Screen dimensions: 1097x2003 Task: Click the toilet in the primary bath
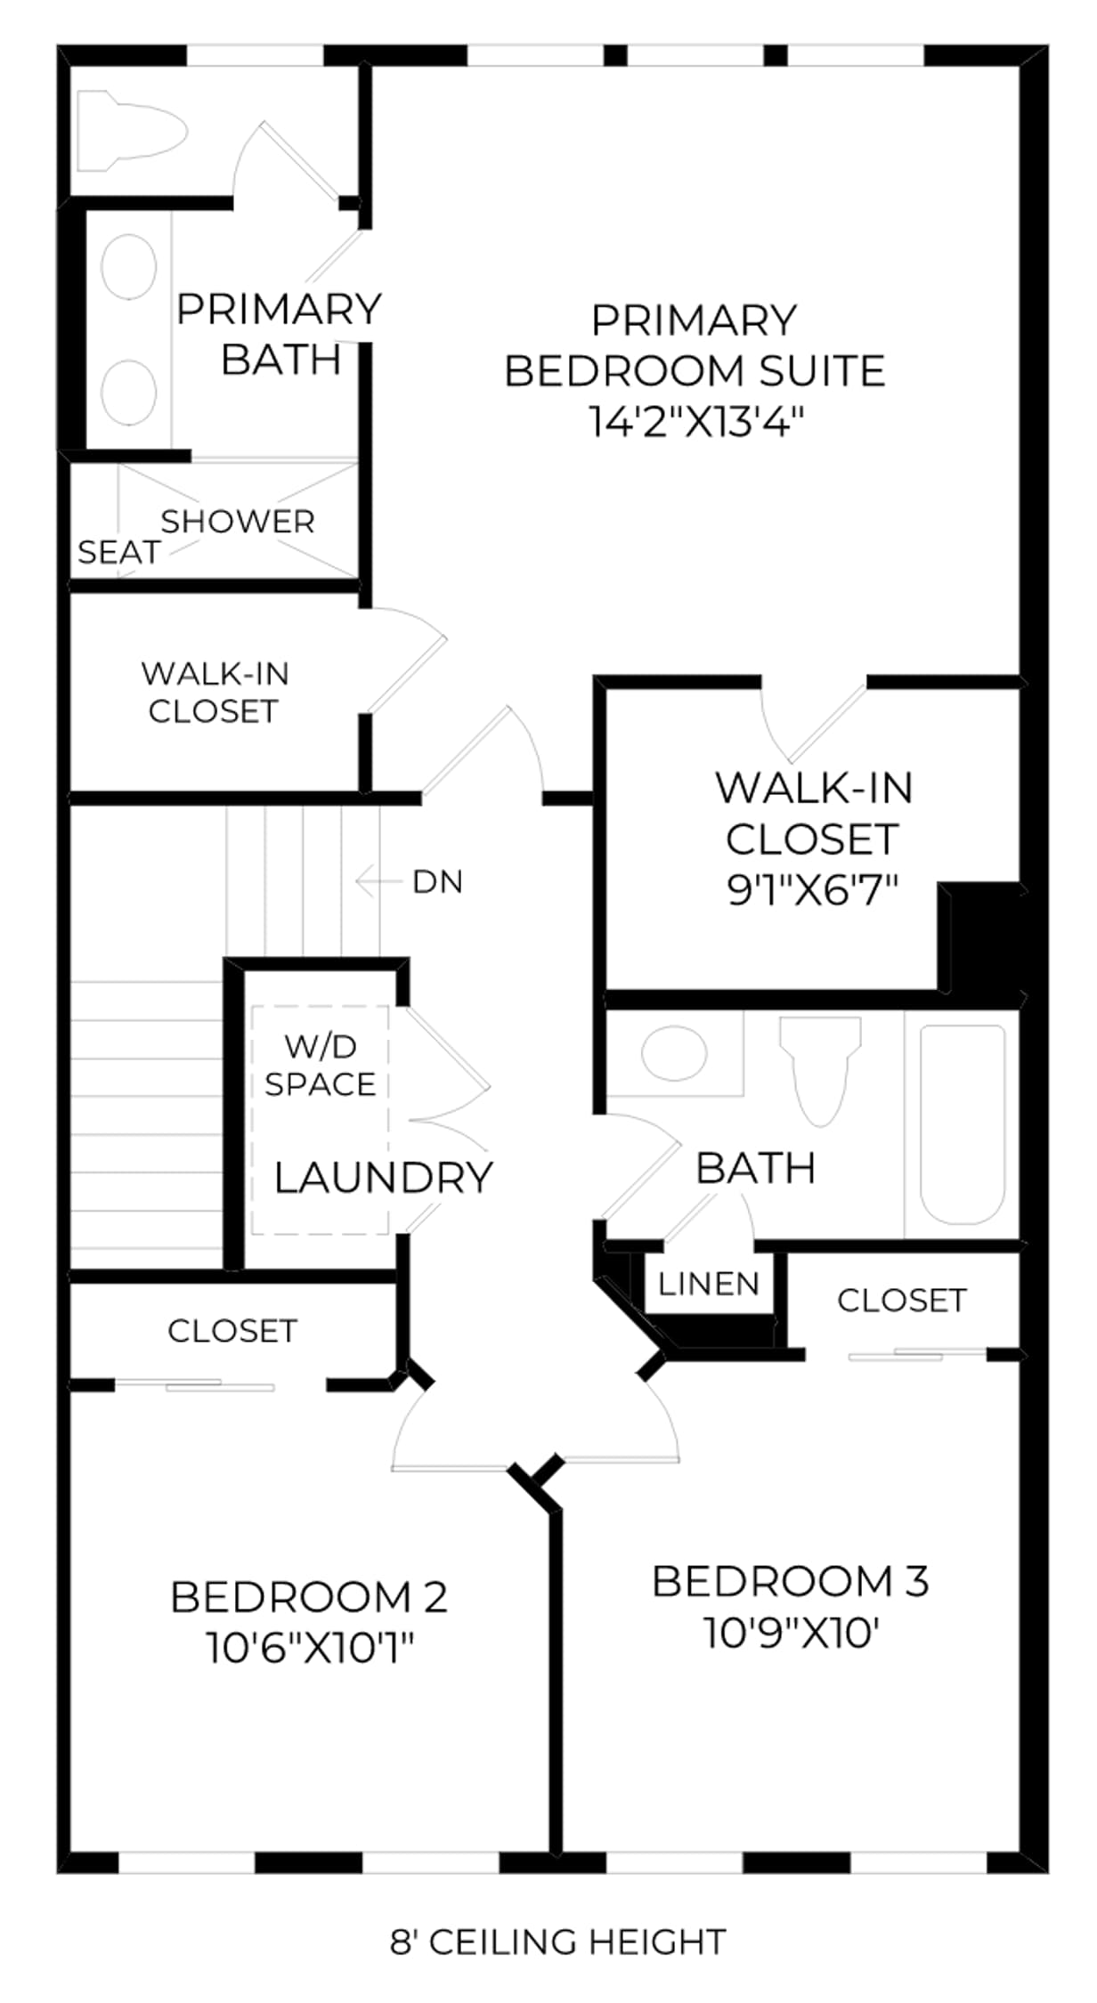pyautogui.click(x=132, y=131)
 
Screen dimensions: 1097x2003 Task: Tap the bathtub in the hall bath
pyautogui.click(x=963, y=1124)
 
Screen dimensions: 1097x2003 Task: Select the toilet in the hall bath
pyautogui.click(x=820, y=1071)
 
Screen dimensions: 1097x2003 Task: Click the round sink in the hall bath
pyautogui.click(x=674, y=1052)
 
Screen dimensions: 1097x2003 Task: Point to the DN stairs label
pyautogui.click(x=437, y=882)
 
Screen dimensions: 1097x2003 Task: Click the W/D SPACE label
pyautogui.click(x=321, y=1066)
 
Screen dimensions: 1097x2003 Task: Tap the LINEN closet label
pyautogui.click(x=709, y=1284)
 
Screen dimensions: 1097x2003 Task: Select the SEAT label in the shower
pyautogui.click(x=118, y=553)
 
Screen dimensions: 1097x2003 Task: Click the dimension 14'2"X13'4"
pyautogui.click(x=696, y=421)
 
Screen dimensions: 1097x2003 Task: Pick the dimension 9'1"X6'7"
pyautogui.click(x=812, y=889)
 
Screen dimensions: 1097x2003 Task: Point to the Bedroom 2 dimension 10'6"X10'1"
pyautogui.click(x=311, y=1647)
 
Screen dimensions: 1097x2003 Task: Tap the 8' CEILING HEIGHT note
pyautogui.click(x=557, y=1942)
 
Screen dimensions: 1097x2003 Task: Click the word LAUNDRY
pyautogui.click(x=383, y=1178)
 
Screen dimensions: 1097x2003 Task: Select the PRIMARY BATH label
pyautogui.click(x=280, y=334)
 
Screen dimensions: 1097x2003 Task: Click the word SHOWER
pyautogui.click(x=238, y=522)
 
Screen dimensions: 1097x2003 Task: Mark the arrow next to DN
pyautogui.click(x=378, y=882)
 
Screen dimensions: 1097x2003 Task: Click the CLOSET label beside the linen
pyautogui.click(x=902, y=1301)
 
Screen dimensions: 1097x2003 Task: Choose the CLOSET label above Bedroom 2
pyautogui.click(x=232, y=1331)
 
